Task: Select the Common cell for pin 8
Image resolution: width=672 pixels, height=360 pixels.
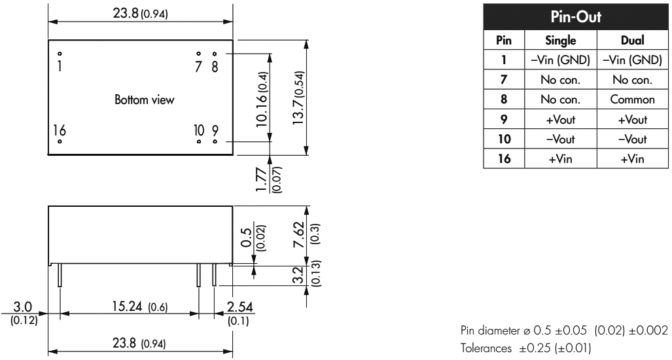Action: (x=633, y=101)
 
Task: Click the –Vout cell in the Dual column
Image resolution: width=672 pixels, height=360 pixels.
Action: (x=633, y=139)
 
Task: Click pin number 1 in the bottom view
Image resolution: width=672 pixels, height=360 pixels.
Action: (x=59, y=66)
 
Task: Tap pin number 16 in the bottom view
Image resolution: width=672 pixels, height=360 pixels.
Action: (x=60, y=129)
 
